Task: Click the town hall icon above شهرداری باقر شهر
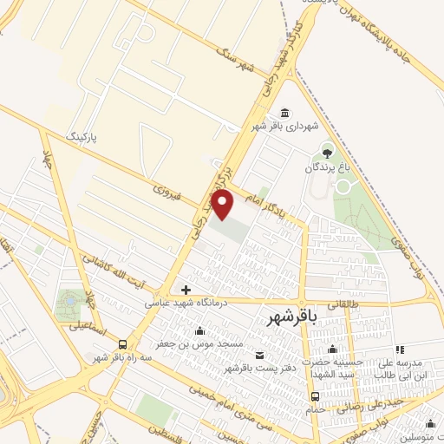pos(285,114)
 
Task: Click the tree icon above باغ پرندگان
pos(328,149)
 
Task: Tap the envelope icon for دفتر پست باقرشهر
pos(259,354)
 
